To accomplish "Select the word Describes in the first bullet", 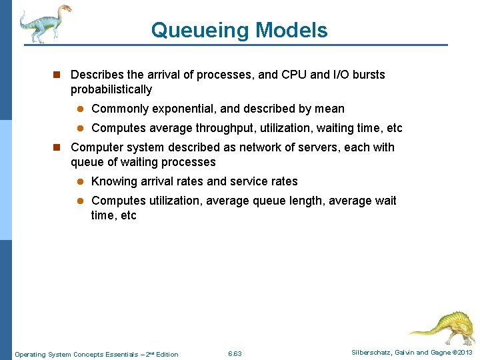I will click(97, 75).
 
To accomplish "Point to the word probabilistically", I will click(111, 89).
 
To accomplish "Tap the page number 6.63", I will click(235, 353).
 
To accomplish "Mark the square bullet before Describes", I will click(59, 75).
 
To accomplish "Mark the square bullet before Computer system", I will click(59, 148).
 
